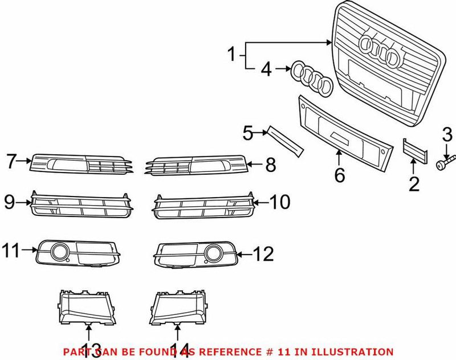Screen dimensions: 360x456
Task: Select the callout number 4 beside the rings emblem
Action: coord(266,70)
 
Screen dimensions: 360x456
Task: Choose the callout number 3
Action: coord(447,135)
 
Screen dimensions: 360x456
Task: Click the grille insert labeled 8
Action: coord(197,165)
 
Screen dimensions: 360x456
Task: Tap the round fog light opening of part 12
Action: coord(214,252)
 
